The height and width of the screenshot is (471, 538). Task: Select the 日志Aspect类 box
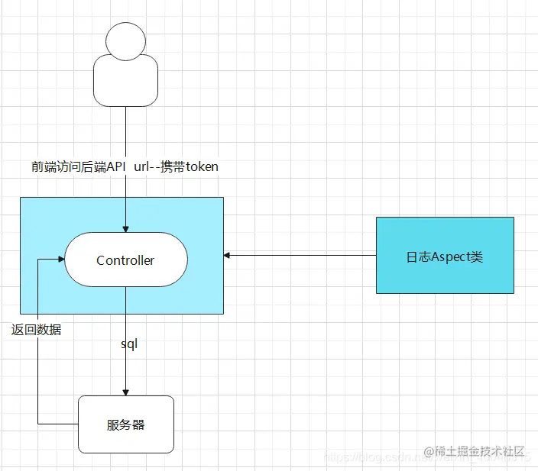point(445,256)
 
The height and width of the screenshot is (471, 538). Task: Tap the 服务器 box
point(126,424)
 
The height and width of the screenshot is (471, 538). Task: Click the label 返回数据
point(37,331)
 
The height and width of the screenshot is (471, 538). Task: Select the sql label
point(128,344)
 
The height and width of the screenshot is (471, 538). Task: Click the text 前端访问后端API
point(78,166)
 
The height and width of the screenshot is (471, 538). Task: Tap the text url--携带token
point(177,166)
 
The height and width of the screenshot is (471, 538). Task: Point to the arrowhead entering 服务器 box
point(126,392)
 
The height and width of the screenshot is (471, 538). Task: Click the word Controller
point(125,260)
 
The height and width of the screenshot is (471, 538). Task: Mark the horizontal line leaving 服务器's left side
point(57,424)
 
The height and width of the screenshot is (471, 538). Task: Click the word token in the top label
point(202,166)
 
